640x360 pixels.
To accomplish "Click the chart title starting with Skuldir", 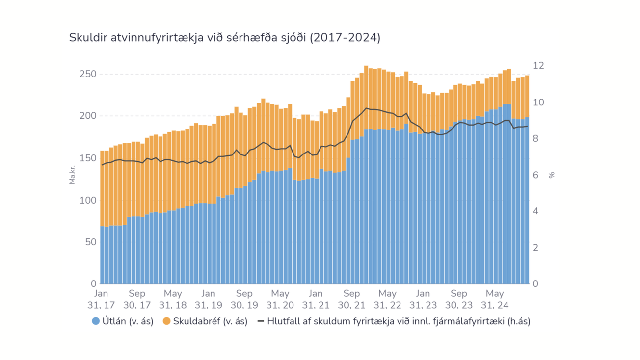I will tap(224, 38).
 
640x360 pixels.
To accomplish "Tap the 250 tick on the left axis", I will tap(88, 74).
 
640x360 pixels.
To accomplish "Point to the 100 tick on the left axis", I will tap(88, 200).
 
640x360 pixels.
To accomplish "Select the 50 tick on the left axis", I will tap(90, 242).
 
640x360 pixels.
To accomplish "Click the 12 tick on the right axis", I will tap(539, 66).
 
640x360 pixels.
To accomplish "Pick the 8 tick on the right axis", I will tap(536, 139).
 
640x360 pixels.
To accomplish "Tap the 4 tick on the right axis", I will tap(536, 211).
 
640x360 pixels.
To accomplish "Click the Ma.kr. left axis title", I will tap(72, 175).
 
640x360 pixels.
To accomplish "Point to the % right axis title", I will tap(552, 175).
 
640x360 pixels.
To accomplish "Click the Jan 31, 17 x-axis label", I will tap(101, 299).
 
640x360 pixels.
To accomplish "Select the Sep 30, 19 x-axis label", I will tap(244, 299).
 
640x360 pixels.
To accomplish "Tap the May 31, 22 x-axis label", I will tap(387, 299).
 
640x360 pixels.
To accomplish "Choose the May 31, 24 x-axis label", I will tap(495, 299).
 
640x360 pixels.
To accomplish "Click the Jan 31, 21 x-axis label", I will tap(316, 299).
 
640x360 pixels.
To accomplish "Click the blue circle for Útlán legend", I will tap(96, 321).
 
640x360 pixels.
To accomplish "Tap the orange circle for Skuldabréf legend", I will tap(166, 321).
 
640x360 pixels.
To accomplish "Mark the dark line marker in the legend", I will tap(261, 321).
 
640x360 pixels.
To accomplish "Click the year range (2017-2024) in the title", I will tap(345, 38).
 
